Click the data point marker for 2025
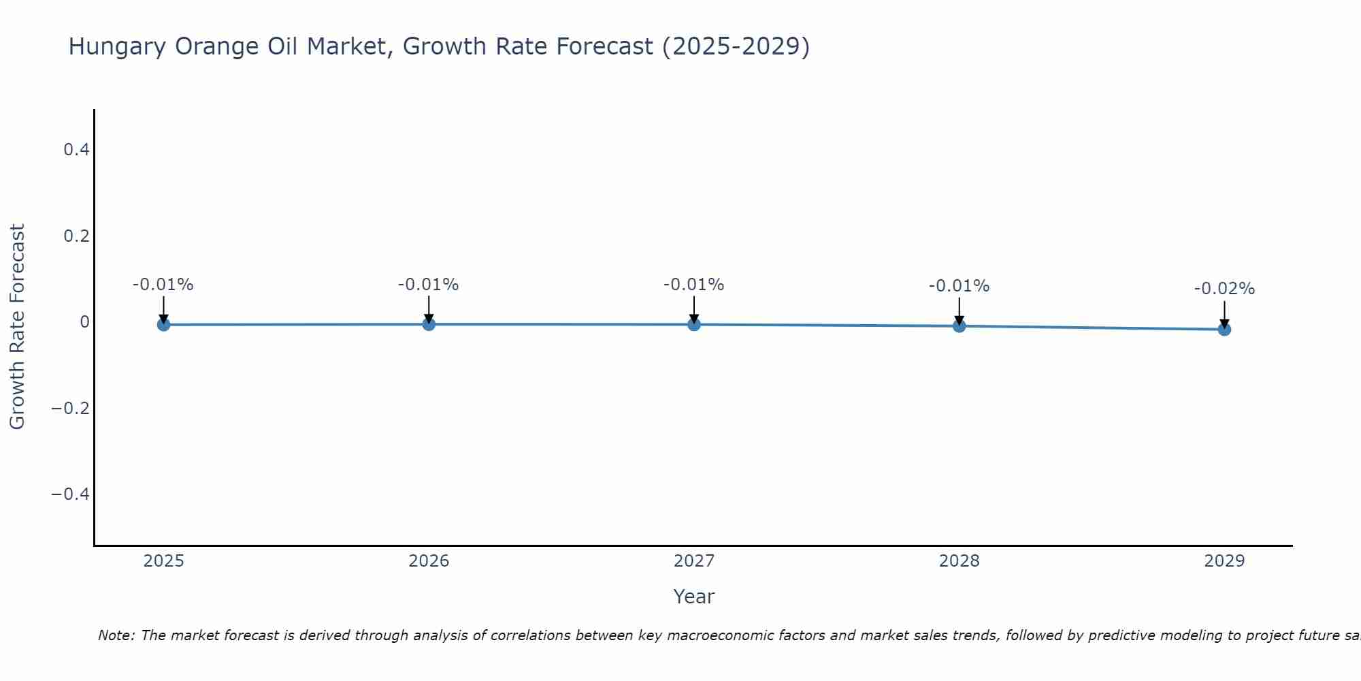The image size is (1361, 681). click(x=163, y=324)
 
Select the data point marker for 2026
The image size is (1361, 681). click(x=429, y=324)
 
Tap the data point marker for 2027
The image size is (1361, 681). click(x=694, y=324)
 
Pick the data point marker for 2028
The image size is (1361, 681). click(x=959, y=326)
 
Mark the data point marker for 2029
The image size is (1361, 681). click(x=1224, y=329)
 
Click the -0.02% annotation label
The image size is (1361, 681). click(x=1224, y=289)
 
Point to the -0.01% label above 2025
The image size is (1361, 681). click(x=163, y=285)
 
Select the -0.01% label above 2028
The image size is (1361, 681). click(x=959, y=286)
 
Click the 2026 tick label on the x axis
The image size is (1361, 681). click(x=429, y=561)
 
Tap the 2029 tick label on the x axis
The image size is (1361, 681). click(x=1224, y=561)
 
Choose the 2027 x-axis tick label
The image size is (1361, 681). click(x=694, y=561)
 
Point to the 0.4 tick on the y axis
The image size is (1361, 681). click(x=76, y=149)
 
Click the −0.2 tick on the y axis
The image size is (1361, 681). click(x=71, y=408)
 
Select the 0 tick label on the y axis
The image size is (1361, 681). click(x=84, y=321)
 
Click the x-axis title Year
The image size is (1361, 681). click(x=693, y=597)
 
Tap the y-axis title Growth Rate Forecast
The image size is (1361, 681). click(x=17, y=326)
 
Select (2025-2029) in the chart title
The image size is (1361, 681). click(x=736, y=46)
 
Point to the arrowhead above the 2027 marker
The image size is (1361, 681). click(x=694, y=318)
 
